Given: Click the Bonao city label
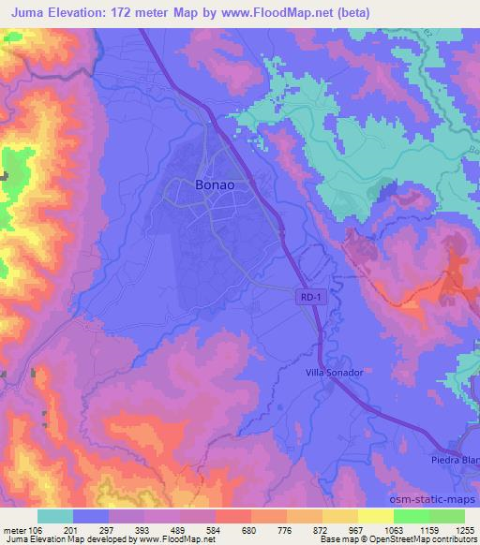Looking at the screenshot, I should (x=214, y=185).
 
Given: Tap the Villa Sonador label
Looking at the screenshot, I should (x=334, y=372).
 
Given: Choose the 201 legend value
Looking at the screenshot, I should (x=91, y=530).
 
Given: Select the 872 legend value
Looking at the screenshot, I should (x=322, y=530).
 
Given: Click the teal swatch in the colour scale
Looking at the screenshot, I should (x=55, y=516).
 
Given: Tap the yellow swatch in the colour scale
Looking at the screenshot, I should (x=375, y=516).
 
